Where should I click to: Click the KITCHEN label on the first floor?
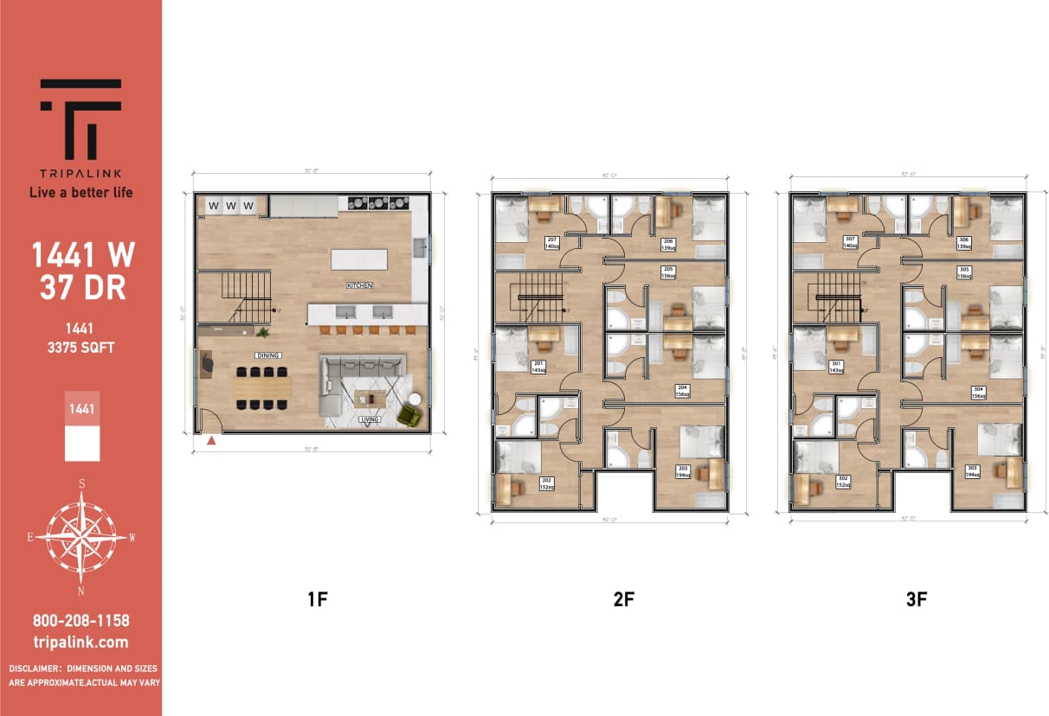(358, 285)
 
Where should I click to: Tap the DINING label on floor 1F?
(267, 355)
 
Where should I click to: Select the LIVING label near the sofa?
(370, 419)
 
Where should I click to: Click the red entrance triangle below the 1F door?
(211, 441)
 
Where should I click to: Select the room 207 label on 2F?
(551, 242)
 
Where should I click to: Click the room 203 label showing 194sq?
(681, 472)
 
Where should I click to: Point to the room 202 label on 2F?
(546, 483)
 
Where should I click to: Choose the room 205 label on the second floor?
(668, 272)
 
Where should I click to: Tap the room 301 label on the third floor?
(835, 367)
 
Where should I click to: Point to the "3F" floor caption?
(917, 598)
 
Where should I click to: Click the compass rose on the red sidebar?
(81, 537)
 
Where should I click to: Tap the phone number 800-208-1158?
(80, 621)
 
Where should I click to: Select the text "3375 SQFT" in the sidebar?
(80, 348)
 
